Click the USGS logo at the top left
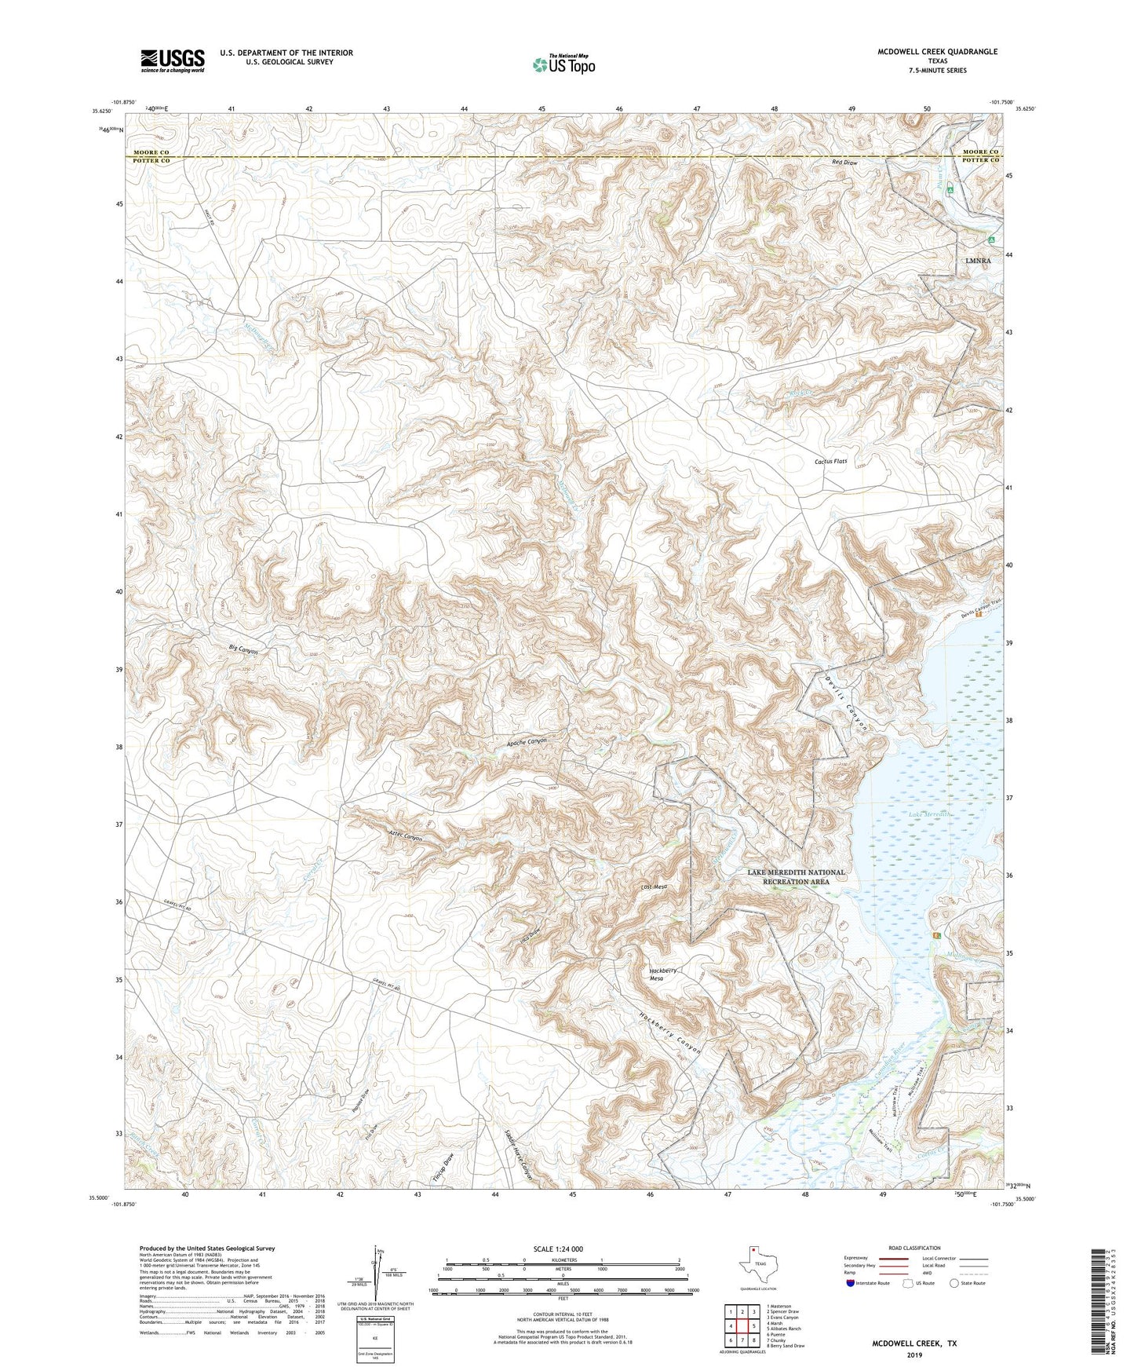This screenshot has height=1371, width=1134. click(x=173, y=60)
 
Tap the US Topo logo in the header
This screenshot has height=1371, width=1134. click(x=563, y=64)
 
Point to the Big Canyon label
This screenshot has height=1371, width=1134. click(x=243, y=650)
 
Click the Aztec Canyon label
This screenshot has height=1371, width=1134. click(x=406, y=835)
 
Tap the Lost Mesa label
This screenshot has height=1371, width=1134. click(x=654, y=887)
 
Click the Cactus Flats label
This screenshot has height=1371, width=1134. click(x=831, y=462)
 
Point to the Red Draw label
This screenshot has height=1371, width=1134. click(x=844, y=163)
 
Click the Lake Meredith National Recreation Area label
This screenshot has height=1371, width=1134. click(x=796, y=876)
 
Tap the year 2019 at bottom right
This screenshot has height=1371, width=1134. click(x=914, y=1355)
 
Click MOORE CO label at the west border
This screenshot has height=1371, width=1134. click(x=151, y=152)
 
